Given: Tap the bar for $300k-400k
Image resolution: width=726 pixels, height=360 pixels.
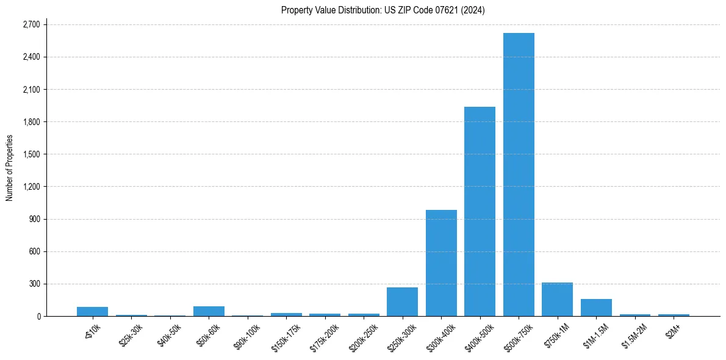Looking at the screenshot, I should click(x=441, y=263).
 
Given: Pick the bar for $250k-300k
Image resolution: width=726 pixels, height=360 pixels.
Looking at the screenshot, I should click(x=402, y=302).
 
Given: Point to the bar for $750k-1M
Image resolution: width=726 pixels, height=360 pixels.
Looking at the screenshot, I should click(x=557, y=300).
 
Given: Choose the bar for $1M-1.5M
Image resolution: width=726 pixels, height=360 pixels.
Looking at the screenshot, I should click(x=596, y=308).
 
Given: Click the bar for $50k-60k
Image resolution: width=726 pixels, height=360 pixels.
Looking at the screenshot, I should click(x=209, y=311).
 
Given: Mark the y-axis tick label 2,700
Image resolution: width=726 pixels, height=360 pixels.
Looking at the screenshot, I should click(x=31, y=24).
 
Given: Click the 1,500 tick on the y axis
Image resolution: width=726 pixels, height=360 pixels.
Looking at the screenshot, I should click(x=31, y=154).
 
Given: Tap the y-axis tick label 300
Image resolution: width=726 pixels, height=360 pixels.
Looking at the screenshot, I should click(x=34, y=284).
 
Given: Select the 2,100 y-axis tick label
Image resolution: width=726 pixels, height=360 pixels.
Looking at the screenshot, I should click(x=31, y=90).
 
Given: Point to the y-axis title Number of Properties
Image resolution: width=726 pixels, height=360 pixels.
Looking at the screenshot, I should click(x=9, y=168).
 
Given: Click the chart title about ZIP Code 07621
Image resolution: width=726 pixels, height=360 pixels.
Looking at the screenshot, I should click(x=383, y=10).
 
